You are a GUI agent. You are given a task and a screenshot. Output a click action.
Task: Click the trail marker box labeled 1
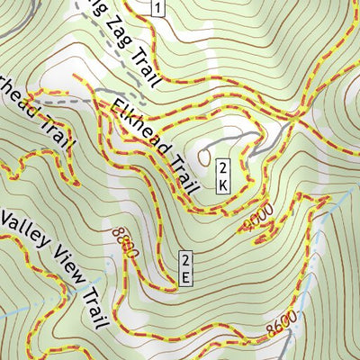pyautogui.click(x=157, y=9)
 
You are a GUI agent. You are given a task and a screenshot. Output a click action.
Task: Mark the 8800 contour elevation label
pyautogui.click(x=122, y=241)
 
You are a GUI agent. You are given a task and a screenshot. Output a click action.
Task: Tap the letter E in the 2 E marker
pyautogui.click(x=185, y=278)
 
